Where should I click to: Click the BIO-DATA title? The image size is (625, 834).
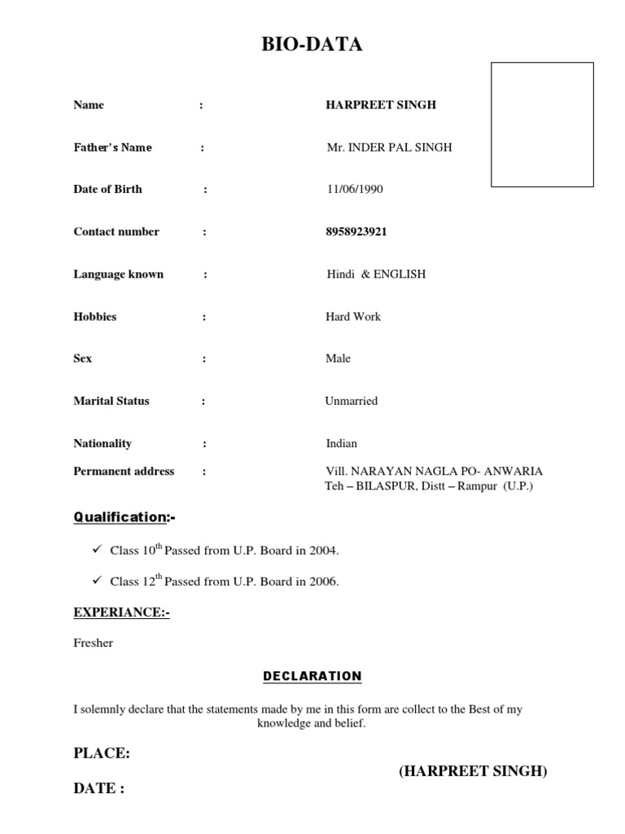point(312,45)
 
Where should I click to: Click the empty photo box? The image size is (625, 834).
point(542,125)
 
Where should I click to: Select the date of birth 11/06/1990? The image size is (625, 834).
point(354,190)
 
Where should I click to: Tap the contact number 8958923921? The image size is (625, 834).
point(356,232)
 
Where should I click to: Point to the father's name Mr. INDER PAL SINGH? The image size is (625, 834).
point(389,147)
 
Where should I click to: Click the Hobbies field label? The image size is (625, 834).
point(95,317)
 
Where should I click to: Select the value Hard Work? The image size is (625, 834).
point(353,317)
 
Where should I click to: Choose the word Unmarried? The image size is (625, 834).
point(352,402)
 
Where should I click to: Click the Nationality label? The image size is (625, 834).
point(103,444)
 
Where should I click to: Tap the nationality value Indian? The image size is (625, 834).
point(342,444)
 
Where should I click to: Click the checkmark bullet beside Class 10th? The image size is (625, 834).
point(95,550)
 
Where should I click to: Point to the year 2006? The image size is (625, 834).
point(322,582)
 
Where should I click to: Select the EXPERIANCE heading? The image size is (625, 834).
point(121,612)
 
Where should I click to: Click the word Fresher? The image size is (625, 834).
point(94,643)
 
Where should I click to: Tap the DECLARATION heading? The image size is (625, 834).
point(312,676)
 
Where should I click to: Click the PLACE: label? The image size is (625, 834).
point(102,753)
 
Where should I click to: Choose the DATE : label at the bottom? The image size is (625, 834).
point(98,788)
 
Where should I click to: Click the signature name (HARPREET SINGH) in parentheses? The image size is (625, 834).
point(473,771)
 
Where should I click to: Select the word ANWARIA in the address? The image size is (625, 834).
point(514,472)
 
